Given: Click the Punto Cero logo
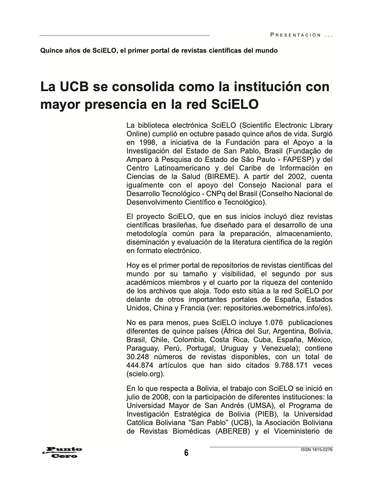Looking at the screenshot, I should (x=62, y=452).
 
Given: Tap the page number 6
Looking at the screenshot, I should (x=186, y=453).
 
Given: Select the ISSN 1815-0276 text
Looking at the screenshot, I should (x=316, y=449).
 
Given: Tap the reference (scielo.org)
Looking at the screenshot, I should (x=145, y=374).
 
